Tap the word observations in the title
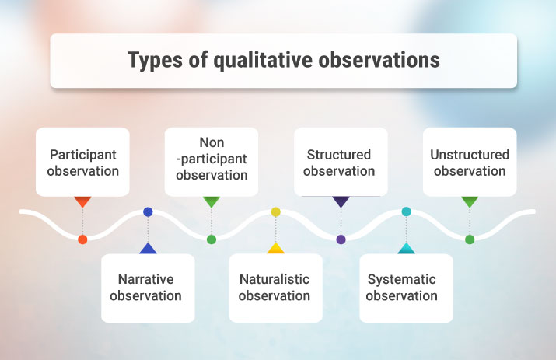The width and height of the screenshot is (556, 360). point(379,60)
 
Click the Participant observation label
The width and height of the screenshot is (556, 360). point(82,162)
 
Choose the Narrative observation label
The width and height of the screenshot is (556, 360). point(146,287)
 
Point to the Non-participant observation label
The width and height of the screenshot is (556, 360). point(212,159)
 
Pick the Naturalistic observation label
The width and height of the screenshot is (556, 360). point(275,287)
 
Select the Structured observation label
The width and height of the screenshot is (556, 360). point(339,162)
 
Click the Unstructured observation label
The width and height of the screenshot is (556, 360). point(470,162)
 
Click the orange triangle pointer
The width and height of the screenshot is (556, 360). point(82,201)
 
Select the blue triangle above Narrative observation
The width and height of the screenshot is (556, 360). point(147,249)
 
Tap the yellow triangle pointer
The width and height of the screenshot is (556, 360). point(275,249)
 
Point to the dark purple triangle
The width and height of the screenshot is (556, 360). point(341,201)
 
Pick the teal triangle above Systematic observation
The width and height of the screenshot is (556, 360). point(406,249)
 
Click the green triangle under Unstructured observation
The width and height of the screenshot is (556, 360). point(470,201)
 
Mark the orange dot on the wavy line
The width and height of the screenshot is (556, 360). point(82,239)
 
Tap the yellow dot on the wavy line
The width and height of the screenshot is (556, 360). point(275,211)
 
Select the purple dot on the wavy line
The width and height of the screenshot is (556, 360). point(341,239)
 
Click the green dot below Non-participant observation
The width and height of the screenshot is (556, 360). point(212,239)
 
